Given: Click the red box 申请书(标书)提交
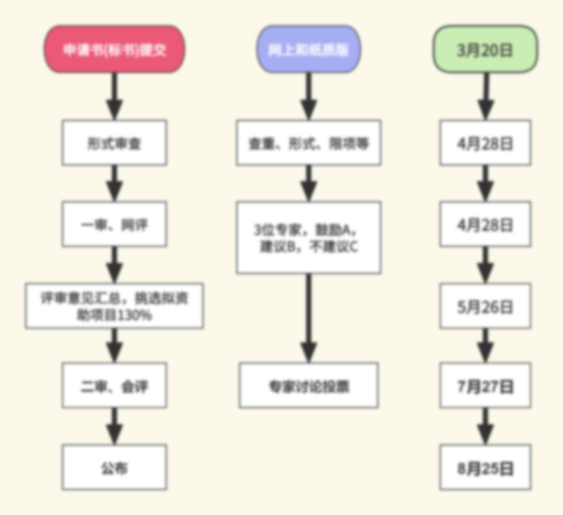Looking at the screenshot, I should click(114, 49).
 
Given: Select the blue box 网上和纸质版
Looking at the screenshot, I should click(309, 49).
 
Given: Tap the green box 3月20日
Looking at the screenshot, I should click(485, 49).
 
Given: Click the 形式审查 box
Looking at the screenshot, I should click(114, 143).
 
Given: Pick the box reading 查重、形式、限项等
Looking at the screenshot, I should click(309, 143).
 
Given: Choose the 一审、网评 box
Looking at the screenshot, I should click(114, 224).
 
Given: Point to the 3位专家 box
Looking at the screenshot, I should click(309, 238).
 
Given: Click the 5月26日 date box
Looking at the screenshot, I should click(485, 306).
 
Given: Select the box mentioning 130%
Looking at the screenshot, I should click(114, 306).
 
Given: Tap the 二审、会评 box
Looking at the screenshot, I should click(114, 385).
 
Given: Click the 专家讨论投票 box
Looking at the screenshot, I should click(309, 385).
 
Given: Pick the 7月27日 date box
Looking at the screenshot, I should click(485, 385).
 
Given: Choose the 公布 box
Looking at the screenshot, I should click(114, 467).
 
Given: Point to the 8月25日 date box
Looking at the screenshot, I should click(485, 467).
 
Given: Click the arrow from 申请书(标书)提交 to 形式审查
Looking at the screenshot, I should click(114, 97).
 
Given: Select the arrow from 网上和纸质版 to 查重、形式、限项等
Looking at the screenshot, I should click(309, 97).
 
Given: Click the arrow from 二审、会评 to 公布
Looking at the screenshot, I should click(114, 426).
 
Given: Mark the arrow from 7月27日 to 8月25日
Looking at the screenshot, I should click(485, 426).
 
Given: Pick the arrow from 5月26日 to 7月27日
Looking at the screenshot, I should click(485, 345).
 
